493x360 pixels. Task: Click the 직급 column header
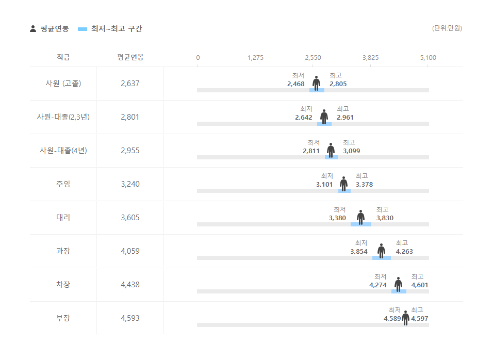click(63, 57)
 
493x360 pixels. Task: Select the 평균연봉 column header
click(130, 57)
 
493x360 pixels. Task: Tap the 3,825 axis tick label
click(370, 58)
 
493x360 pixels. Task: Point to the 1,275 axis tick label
click(255, 58)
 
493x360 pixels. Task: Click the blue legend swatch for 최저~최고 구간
click(83, 29)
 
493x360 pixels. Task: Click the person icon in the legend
click(33, 29)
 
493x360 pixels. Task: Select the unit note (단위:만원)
click(447, 28)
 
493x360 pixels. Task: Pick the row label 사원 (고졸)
click(63, 84)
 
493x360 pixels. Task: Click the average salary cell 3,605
click(130, 218)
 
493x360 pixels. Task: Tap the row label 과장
click(63, 251)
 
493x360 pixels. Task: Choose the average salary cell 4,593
click(130, 318)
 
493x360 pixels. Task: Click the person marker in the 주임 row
click(343, 184)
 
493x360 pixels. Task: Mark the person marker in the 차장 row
click(398, 284)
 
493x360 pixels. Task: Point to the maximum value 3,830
click(385, 218)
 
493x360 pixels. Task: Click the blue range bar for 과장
click(381, 258)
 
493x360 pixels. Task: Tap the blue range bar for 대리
click(360, 224)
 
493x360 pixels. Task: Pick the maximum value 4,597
click(419, 319)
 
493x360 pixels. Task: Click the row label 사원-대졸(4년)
click(63, 151)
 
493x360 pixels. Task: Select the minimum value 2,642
click(304, 118)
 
